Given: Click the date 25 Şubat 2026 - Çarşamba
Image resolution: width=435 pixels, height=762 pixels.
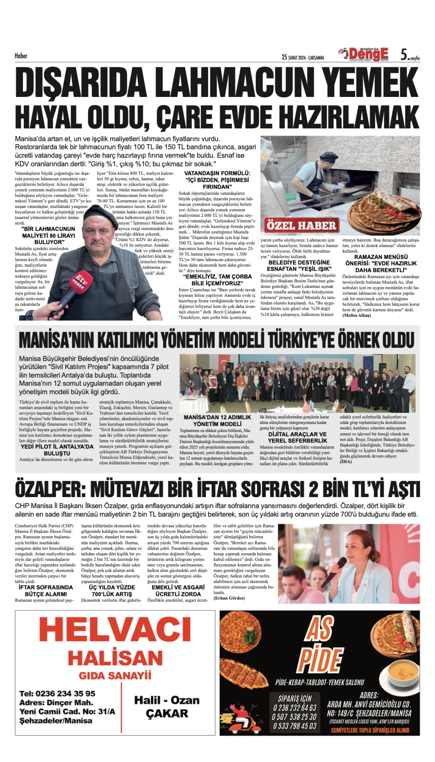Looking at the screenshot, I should [x=303, y=58].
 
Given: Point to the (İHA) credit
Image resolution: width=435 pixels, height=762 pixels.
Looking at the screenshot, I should [x=346, y=462].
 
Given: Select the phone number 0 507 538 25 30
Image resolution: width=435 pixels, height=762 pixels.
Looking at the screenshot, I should [x=294, y=717].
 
